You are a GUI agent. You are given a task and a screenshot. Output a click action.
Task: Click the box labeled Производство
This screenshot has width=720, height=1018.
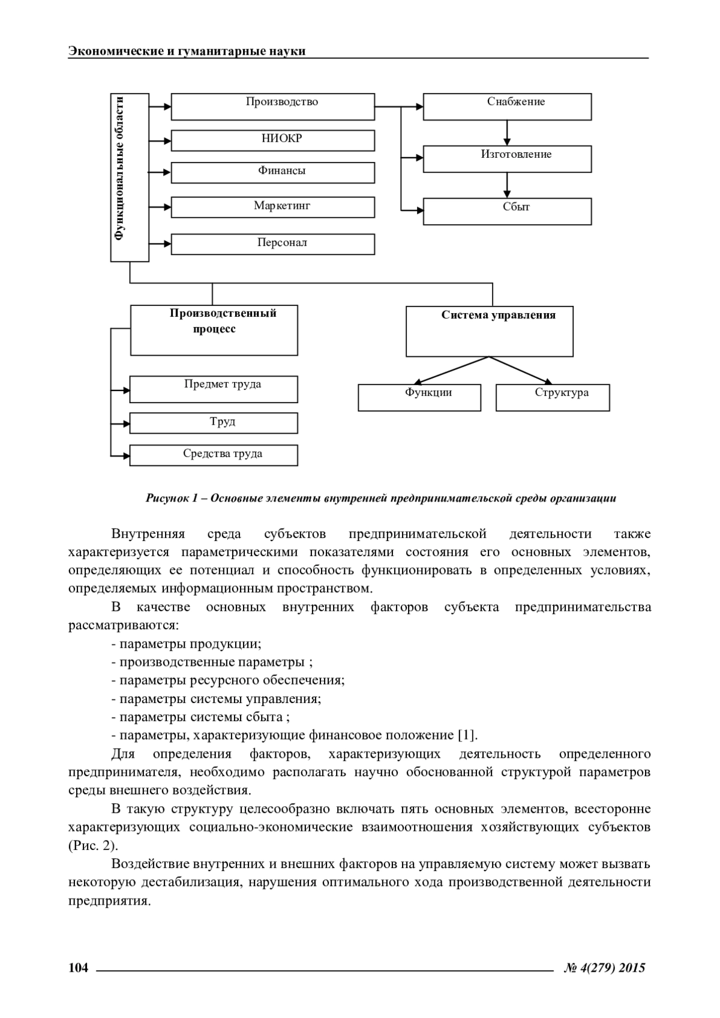tap(273, 106)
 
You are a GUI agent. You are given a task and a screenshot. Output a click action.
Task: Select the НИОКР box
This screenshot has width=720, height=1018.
tap(273, 140)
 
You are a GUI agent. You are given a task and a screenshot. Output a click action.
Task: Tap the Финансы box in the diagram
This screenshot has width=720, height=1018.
tap(273, 172)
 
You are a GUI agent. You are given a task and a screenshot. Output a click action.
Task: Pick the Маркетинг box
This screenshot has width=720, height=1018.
tap(273, 207)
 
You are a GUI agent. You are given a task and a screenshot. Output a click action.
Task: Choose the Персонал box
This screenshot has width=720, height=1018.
tap(273, 244)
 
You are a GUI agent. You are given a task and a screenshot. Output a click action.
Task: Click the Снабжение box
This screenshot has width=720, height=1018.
tap(507, 106)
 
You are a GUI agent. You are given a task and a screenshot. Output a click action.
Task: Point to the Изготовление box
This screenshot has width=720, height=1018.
tap(507, 158)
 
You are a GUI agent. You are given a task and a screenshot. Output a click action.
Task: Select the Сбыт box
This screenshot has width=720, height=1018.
tap(507, 211)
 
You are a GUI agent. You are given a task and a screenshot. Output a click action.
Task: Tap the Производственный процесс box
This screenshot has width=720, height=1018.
tap(214, 331)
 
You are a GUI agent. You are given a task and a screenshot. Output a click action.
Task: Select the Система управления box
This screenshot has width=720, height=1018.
tap(490, 331)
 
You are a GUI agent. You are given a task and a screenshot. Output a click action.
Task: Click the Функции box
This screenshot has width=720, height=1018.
tap(419, 397)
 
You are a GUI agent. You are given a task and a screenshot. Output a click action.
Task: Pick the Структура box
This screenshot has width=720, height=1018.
tap(553, 397)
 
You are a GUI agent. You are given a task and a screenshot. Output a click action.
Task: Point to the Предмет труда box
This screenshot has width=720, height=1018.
tap(214, 389)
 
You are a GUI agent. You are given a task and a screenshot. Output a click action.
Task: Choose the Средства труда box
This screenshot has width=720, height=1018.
tap(214, 455)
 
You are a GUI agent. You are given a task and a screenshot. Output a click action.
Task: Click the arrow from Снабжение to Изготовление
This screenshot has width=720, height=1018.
tap(507, 133)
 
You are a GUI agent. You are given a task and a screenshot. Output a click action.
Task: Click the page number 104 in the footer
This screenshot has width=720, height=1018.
tap(79, 968)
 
